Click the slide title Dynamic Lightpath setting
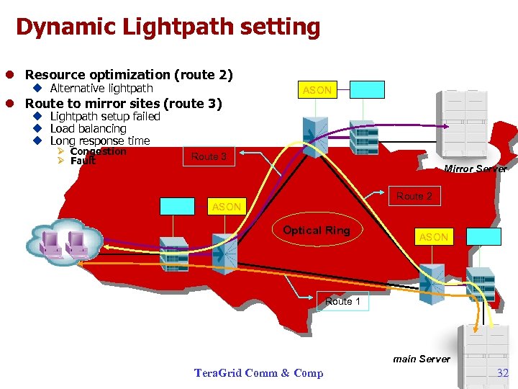click(168, 27)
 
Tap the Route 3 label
click(209, 156)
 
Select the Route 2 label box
click(414, 196)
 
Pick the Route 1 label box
click(342, 301)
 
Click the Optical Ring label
click(316, 231)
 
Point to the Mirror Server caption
click(475, 169)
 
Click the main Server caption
click(422, 359)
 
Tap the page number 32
click(503, 372)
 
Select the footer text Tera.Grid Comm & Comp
click(258, 372)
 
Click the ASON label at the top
click(317, 90)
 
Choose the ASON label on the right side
click(434, 237)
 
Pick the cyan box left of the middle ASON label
click(178, 206)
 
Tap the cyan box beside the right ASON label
click(483, 236)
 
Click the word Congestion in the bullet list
click(98, 151)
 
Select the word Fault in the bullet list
click(83, 161)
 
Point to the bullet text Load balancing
click(88, 128)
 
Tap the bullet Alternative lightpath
click(101, 88)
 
